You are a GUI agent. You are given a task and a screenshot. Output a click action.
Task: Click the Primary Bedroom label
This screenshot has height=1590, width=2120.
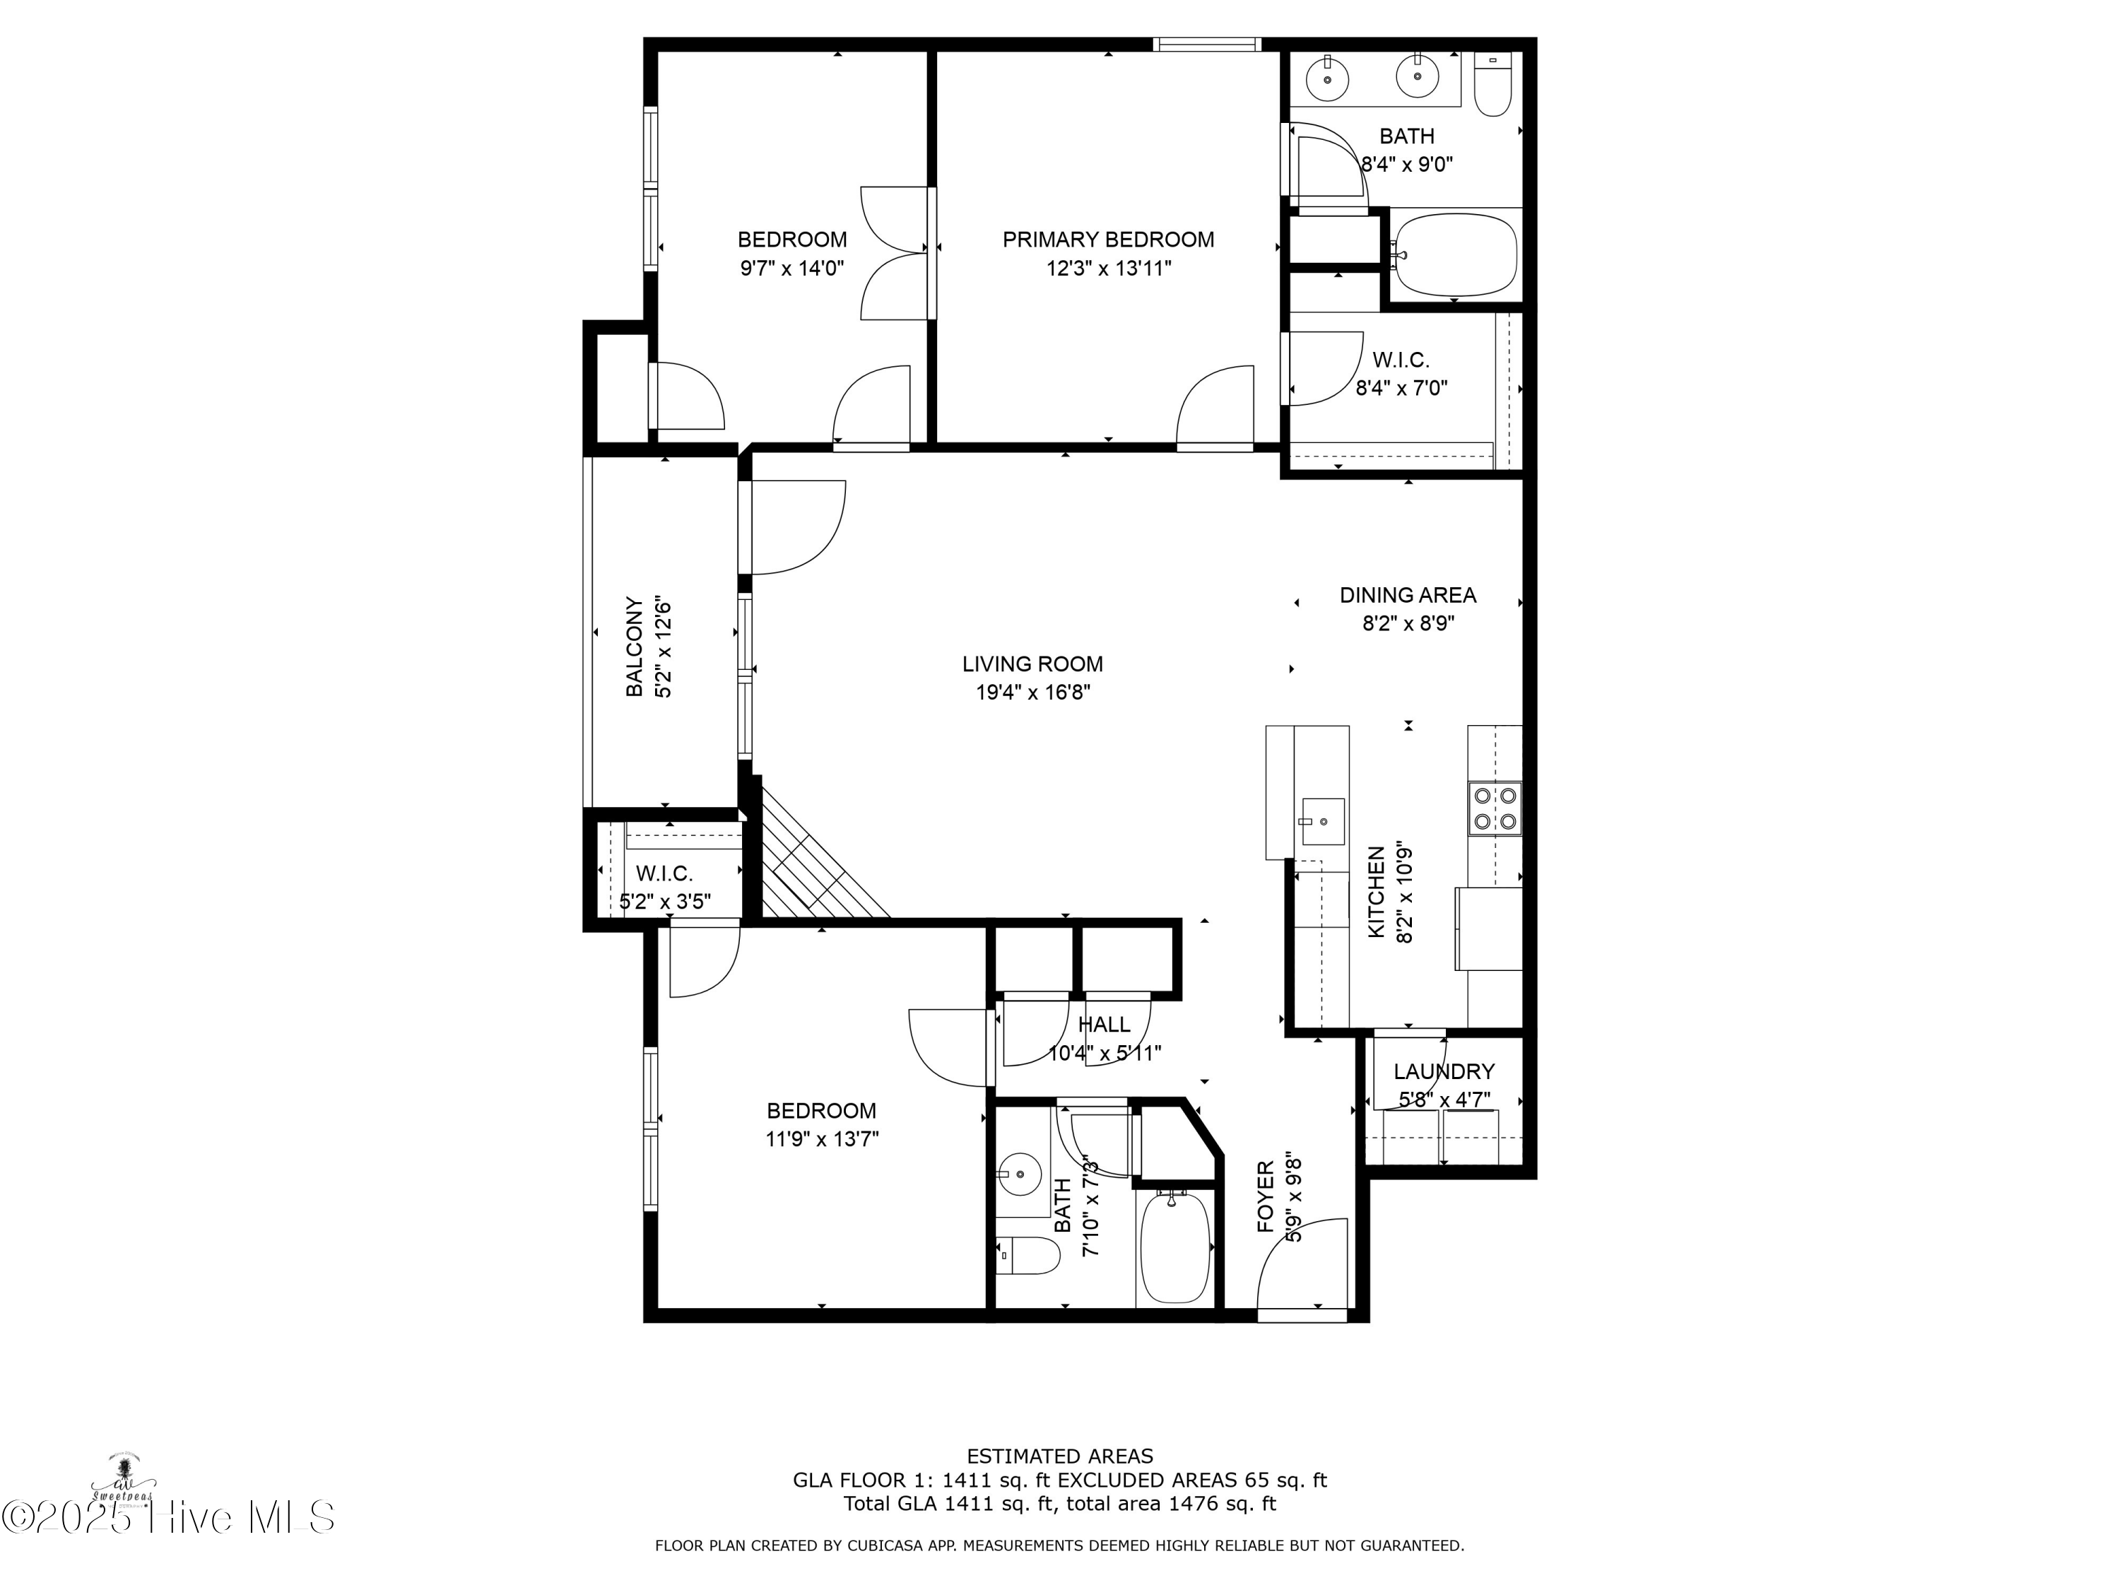(x=1108, y=240)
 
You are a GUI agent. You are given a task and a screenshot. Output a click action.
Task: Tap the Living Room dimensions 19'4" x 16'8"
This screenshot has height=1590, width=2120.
(x=1033, y=692)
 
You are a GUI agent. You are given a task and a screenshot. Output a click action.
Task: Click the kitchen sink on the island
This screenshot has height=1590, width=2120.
(x=1323, y=821)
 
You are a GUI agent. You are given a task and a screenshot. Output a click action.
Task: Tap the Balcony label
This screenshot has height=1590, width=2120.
(x=633, y=646)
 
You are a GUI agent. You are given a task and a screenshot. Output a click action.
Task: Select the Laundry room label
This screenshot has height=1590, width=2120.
(x=1443, y=1071)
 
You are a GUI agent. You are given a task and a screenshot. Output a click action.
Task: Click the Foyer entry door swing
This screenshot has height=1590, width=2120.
(x=1303, y=1264)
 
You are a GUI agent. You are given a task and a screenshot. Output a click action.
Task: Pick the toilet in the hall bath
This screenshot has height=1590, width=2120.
(x=1027, y=1254)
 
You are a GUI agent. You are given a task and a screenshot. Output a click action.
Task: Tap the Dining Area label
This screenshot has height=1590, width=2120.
(x=1407, y=595)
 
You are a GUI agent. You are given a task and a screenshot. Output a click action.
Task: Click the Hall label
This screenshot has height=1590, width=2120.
(x=1104, y=1025)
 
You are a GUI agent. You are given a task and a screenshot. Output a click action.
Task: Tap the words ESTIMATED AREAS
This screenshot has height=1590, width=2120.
(x=1059, y=1456)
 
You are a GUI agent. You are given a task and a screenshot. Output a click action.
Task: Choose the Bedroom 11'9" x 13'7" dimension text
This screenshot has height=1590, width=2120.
(x=821, y=1138)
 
